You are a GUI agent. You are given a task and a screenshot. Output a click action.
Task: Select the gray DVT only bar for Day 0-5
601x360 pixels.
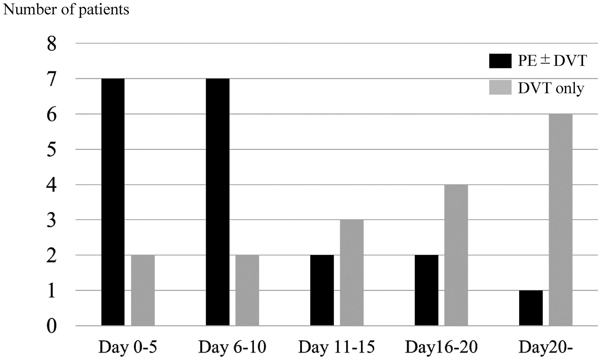(143, 290)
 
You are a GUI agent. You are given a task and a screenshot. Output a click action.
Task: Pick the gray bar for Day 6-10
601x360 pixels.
(247, 290)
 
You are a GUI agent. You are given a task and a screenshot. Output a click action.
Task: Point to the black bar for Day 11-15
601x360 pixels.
(322, 290)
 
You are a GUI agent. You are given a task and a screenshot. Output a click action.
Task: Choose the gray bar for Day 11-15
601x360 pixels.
(352, 273)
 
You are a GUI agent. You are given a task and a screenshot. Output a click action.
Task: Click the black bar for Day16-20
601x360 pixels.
(426, 290)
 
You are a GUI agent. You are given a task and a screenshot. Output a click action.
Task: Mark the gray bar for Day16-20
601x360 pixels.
(456, 255)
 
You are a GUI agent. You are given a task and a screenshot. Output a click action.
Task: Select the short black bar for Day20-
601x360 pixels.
(531, 308)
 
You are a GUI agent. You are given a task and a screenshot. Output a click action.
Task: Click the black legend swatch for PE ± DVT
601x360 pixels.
(500, 61)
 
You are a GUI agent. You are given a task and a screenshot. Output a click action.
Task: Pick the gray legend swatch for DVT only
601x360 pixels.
(500, 87)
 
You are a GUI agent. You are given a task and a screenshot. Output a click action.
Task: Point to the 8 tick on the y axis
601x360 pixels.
(52, 45)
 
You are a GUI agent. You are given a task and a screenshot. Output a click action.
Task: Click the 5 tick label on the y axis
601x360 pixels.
(52, 150)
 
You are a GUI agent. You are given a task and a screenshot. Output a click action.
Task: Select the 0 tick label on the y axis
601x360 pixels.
(52, 326)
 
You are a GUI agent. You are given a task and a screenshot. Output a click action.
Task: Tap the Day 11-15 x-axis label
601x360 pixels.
(337, 347)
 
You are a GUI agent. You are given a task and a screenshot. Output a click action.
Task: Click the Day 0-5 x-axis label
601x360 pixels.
(128, 347)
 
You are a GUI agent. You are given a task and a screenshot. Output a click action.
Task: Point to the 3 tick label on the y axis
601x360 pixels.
(52, 221)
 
